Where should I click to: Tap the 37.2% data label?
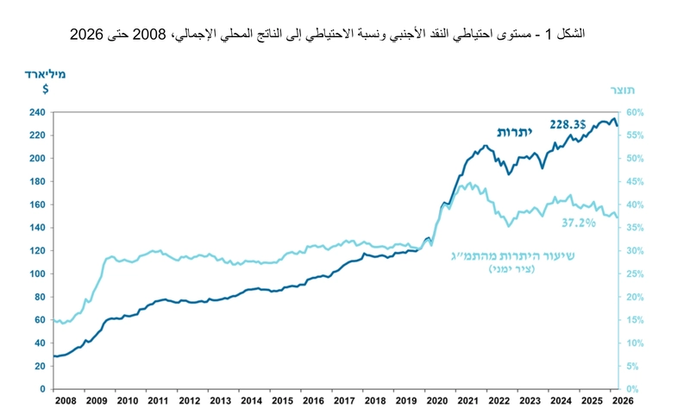(x=580, y=223)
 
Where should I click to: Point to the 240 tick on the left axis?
(x=36, y=113)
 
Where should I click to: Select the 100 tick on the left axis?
(x=36, y=274)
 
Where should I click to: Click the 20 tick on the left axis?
(x=40, y=366)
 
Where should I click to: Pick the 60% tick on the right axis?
(x=636, y=113)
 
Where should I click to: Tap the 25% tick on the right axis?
(x=636, y=274)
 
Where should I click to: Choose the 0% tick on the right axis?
(x=633, y=389)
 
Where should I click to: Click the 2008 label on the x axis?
(x=66, y=402)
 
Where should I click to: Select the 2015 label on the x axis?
(x=281, y=402)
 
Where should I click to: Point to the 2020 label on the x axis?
(x=436, y=402)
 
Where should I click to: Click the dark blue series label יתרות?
(x=516, y=131)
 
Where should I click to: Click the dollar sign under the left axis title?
(x=45, y=88)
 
